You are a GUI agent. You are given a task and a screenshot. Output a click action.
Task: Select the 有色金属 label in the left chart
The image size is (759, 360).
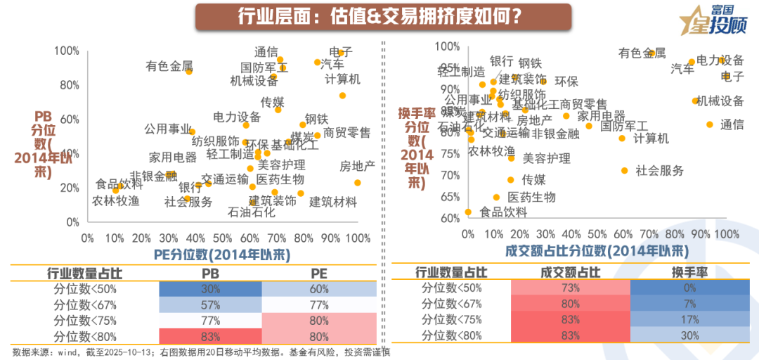tap(169, 67)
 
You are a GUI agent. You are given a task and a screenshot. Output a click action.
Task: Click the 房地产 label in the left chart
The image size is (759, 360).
tap(358, 167)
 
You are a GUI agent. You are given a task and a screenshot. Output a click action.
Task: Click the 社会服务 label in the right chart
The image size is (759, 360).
tap(660, 170)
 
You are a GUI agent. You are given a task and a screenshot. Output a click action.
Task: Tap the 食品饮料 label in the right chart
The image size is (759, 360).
tap(503, 212)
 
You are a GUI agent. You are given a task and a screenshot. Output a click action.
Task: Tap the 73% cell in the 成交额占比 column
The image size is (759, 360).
tap(571, 288)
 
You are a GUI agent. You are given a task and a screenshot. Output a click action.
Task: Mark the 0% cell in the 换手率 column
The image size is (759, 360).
tap(689, 288)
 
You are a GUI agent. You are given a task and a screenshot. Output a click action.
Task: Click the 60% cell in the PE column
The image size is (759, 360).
tap(319, 288)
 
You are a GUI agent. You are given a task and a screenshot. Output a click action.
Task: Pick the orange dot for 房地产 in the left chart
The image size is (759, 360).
tap(358, 183)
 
